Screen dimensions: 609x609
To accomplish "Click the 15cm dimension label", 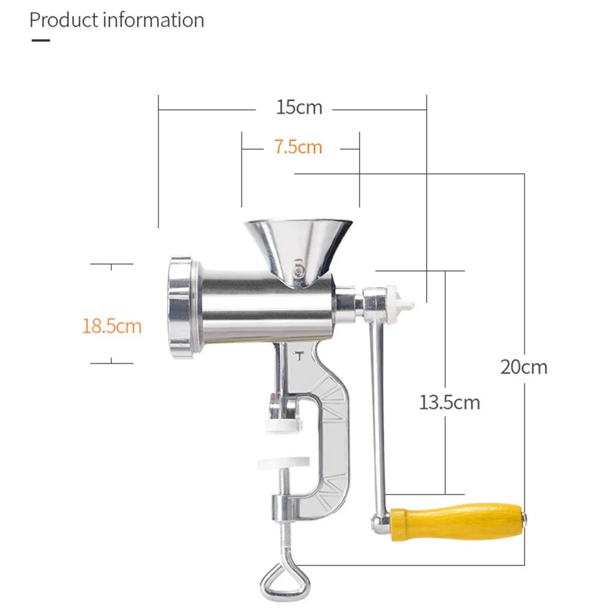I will pyautogui.click(x=299, y=108).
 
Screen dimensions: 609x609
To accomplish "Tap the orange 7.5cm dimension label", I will pyautogui.click(x=298, y=147).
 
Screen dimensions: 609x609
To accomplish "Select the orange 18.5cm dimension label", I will pyautogui.click(x=112, y=326).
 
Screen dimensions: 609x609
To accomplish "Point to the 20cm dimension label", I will pyautogui.click(x=524, y=367).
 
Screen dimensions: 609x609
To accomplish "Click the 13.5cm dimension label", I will pyautogui.click(x=449, y=402).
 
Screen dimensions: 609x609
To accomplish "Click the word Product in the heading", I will pyautogui.click(x=64, y=20).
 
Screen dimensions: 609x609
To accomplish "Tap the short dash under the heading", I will pyautogui.click(x=40, y=41).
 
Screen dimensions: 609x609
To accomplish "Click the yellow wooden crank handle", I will pyautogui.click(x=456, y=521).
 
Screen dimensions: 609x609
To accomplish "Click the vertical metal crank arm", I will pyautogui.click(x=378, y=414).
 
